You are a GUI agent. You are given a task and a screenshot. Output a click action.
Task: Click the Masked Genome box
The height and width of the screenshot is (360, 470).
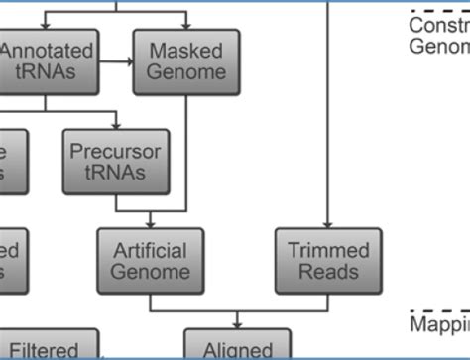pos(186,61)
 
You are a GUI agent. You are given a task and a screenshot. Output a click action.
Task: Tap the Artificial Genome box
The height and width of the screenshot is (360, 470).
pos(150,261)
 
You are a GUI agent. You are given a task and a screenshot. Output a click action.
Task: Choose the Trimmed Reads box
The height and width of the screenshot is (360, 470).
pos(327,261)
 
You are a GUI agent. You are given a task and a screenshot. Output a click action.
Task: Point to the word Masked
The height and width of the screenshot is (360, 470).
pos(186,51)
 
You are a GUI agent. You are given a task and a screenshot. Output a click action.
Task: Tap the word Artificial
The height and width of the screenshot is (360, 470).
pos(150,250)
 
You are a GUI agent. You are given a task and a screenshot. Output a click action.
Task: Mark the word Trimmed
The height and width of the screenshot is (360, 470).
pos(327,250)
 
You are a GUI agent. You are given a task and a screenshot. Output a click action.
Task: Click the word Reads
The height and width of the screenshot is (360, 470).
pos(327,272)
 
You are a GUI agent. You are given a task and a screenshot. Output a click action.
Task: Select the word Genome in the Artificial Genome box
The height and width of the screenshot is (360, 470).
pos(150,272)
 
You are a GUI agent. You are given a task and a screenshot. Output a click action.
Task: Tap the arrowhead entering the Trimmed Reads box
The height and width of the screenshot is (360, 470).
pos(327,223)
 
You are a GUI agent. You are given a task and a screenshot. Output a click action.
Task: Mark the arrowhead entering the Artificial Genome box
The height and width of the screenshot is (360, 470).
pos(150,223)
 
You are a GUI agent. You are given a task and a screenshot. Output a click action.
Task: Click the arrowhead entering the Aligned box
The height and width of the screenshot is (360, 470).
pos(238,323)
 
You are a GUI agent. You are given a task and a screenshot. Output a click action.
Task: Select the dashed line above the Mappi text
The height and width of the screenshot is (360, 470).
pos(440,310)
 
